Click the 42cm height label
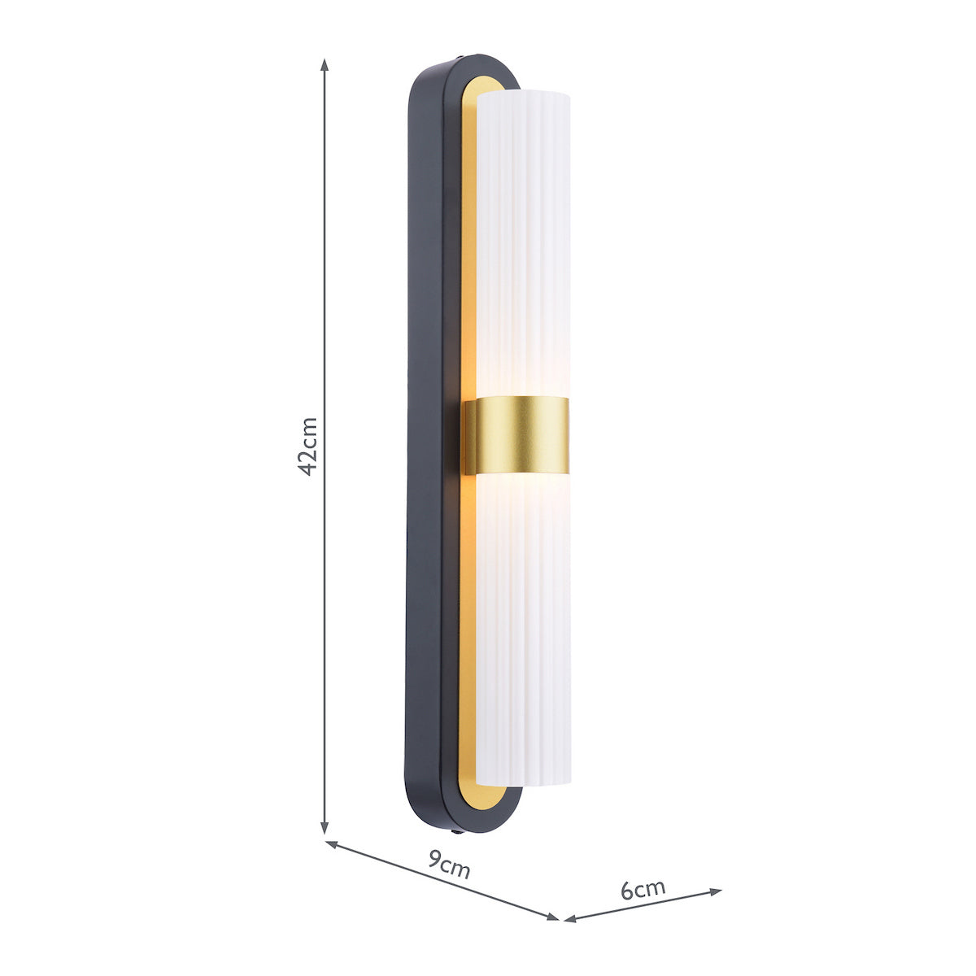307,447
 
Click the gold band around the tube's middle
516,437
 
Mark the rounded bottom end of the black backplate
464,823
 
